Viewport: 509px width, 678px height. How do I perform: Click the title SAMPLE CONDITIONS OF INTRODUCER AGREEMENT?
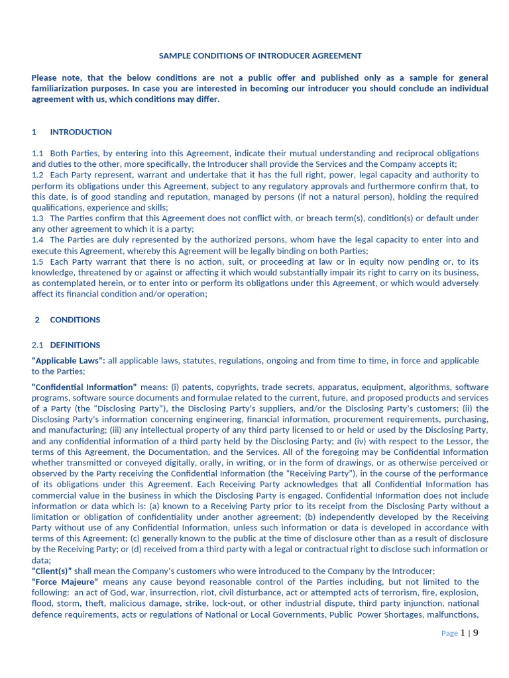click(x=260, y=56)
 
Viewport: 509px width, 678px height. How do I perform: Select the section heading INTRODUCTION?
click(x=81, y=132)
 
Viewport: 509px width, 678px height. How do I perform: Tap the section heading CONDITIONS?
click(x=75, y=320)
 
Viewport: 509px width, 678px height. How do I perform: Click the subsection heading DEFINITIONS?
click(x=75, y=345)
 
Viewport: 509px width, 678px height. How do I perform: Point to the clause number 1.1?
click(x=38, y=154)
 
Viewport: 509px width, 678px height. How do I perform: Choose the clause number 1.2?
click(x=38, y=175)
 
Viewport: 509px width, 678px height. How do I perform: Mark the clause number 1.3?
click(x=38, y=218)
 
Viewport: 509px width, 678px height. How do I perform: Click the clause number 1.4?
click(x=38, y=240)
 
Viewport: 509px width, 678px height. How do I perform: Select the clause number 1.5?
click(x=38, y=262)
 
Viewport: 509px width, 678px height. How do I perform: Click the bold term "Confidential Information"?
click(x=84, y=387)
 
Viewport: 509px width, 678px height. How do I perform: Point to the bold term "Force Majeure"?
click(x=65, y=582)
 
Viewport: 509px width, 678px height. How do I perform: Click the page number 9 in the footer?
click(x=475, y=633)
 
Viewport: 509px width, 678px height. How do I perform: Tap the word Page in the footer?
click(x=449, y=634)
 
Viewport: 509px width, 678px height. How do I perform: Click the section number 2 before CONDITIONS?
click(x=37, y=320)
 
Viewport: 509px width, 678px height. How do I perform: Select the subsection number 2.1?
click(x=38, y=345)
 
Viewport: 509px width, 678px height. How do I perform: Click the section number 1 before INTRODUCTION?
click(x=34, y=132)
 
